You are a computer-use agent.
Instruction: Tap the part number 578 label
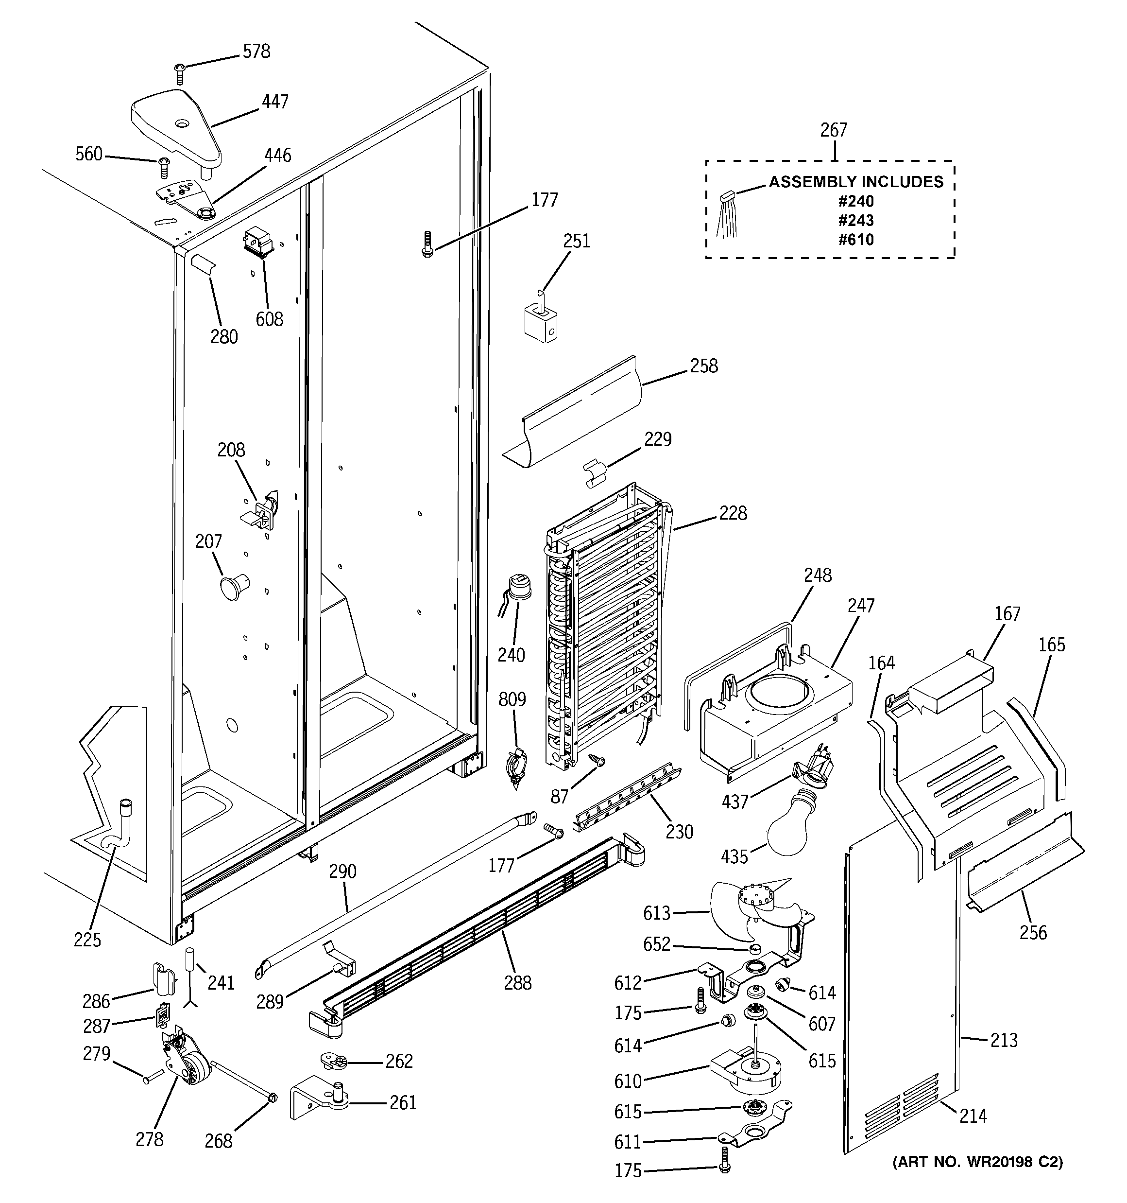click(256, 52)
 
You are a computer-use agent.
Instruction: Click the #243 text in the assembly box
click(855, 220)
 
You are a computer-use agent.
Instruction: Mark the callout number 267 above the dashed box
click(833, 130)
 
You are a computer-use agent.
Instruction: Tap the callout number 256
click(1033, 932)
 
